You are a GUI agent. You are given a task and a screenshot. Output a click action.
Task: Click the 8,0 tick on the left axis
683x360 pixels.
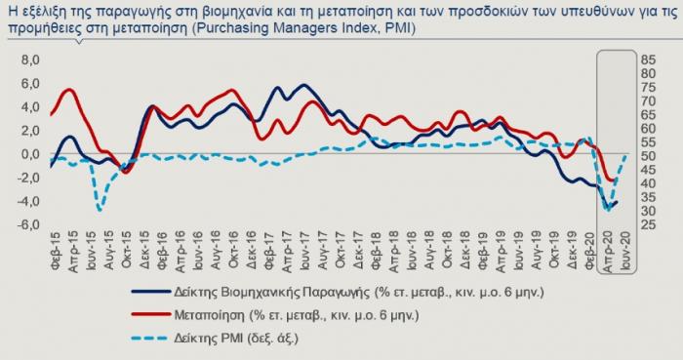click(x=30, y=60)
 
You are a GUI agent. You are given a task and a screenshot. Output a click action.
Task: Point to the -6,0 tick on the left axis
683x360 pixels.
click(x=29, y=224)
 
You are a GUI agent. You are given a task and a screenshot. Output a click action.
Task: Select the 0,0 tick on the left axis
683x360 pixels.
click(x=30, y=154)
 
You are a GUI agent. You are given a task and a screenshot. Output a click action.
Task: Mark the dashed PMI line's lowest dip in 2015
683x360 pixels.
click(x=100, y=209)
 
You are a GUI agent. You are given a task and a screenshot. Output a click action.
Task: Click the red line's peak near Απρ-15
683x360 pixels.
click(x=69, y=90)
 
